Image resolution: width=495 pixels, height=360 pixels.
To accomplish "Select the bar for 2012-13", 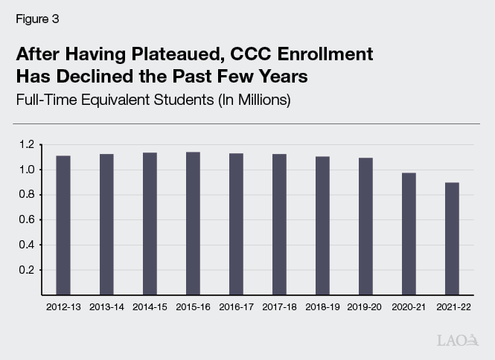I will click(x=63, y=225).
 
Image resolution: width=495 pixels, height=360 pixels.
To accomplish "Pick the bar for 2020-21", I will click(x=409, y=234).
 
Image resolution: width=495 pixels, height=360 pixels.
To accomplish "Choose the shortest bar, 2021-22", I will click(x=452, y=238).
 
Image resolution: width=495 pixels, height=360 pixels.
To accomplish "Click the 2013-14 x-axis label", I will click(x=106, y=306).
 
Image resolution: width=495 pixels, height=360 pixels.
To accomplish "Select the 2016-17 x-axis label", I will click(x=236, y=306).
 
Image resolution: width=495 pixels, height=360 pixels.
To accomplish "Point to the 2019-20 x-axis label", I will click(x=365, y=306).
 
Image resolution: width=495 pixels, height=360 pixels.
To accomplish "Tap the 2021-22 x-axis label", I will click(x=452, y=306).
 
